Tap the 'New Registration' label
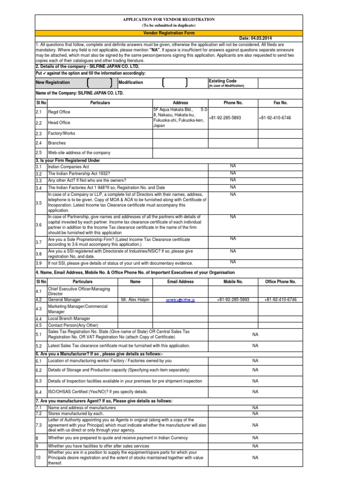click(53, 82)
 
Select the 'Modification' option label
click(131, 82)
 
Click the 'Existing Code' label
click(222, 81)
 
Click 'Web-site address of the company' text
click(79, 153)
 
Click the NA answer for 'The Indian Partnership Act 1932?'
click(233, 172)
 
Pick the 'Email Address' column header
click(180, 282)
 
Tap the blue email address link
click(180, 300)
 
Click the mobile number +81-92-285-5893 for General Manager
click(233, 299)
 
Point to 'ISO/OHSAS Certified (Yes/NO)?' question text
click(98, 391)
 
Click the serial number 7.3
click(39, 425)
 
